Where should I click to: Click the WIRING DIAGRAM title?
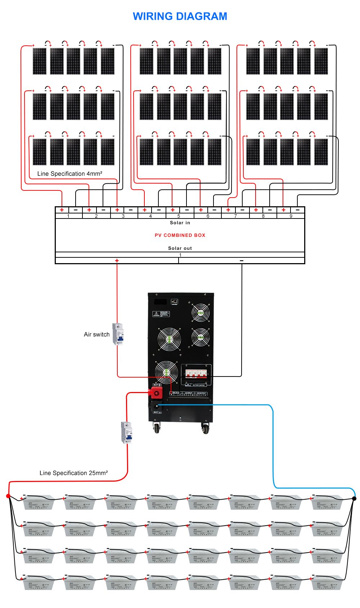coord(180,16)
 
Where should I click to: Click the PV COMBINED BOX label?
coord(180,235)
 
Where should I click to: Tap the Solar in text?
coord(180,223)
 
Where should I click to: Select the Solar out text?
coord(180,248)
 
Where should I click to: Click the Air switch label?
coord(96,334)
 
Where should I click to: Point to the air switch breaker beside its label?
coord(118,334)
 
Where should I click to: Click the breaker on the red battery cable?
coord(127,432)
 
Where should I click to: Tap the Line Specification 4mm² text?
coord(70,174)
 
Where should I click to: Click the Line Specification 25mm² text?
coord(73,473)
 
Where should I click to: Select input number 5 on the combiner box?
coord(179,216)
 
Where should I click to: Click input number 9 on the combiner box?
coord(291,216)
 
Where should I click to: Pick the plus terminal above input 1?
coord(62,210)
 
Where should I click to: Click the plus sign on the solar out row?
coord(117,261)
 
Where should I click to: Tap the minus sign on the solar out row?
coord(242,261)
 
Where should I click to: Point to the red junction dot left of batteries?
coord(8,496)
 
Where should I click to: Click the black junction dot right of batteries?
coord(354,499)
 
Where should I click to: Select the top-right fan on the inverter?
coord(201,312)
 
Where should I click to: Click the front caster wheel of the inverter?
coord(157,428)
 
